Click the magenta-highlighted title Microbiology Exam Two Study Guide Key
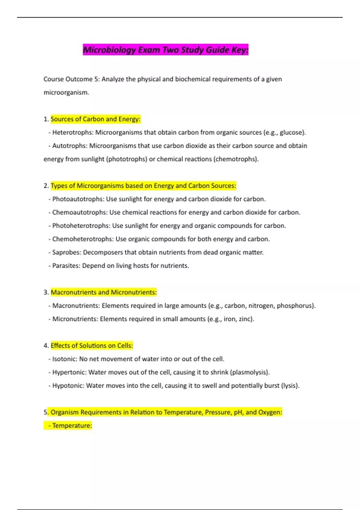tap(166, 50)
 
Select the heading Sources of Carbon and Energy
tap(95, 119)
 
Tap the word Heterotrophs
tap(72, 132)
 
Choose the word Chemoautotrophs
tap(79, 212)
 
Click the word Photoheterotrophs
tap(81, 226)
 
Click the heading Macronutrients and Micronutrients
tap(104, 292)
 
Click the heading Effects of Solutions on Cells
tap(91, 346)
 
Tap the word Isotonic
tap(64, 359)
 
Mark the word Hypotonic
tap(68, 385)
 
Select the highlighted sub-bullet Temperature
tap(72, 425)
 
